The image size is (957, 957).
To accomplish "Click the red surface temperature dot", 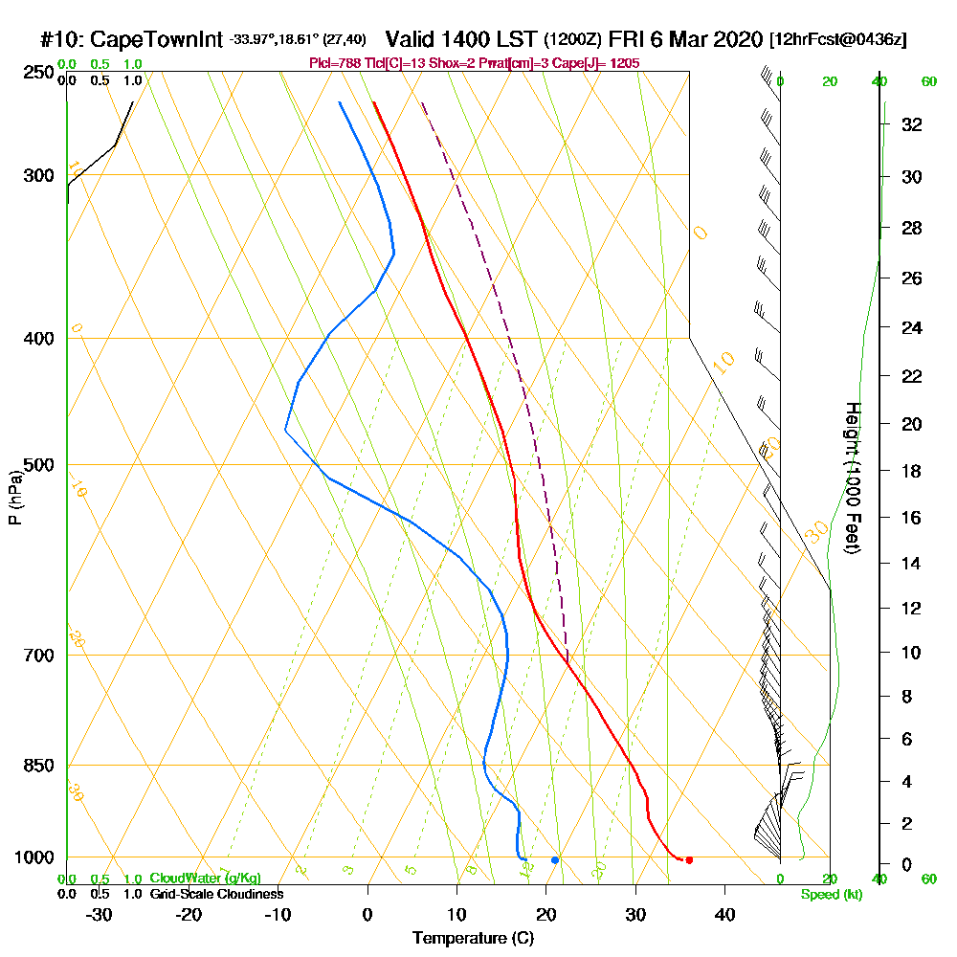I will point(689,859).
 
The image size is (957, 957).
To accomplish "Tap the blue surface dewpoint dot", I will point(555,860).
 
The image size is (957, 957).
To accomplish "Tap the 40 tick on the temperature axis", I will point(724,914).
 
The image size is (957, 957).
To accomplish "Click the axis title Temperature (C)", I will point(473,939).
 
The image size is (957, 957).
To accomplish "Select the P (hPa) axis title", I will point(14,497).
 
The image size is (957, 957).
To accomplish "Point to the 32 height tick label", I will point(911,123).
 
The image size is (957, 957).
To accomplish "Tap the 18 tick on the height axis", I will point(911,471).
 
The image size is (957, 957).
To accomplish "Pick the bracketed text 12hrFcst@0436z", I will point(838,39).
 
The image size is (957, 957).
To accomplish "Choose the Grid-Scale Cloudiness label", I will point(216,894).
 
